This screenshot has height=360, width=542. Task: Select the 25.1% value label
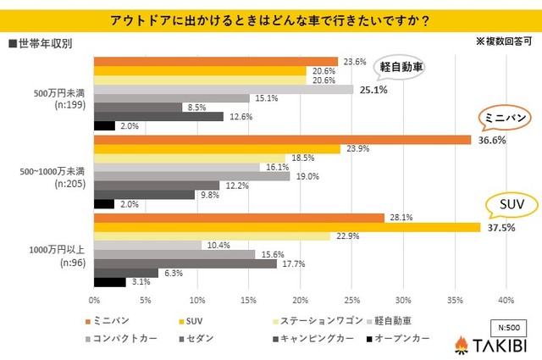373,90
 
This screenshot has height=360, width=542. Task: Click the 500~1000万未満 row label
51,174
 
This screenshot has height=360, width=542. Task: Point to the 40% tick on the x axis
506,300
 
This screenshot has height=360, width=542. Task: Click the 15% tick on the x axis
249,300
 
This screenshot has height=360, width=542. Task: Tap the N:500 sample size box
507,325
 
